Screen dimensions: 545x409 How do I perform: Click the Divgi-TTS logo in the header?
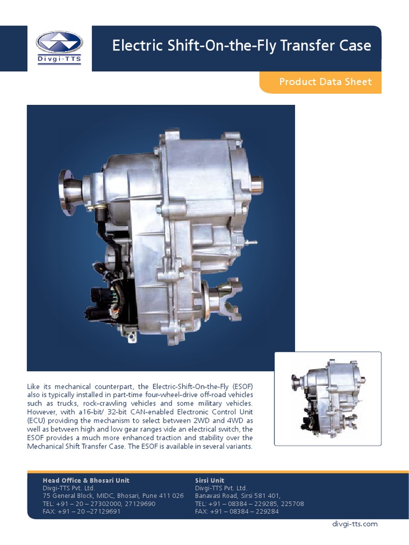click(x=59, y=48)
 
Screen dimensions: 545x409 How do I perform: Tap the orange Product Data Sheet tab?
click(x=325, y=82)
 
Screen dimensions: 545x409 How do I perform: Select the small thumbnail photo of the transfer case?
click(x=328, y=399)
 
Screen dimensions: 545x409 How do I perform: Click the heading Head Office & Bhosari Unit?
click(x=86, y=480)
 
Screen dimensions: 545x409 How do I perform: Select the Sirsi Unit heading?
click(x=210, y=480)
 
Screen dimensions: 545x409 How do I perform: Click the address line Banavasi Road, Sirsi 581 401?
click(x=238, y=496)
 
